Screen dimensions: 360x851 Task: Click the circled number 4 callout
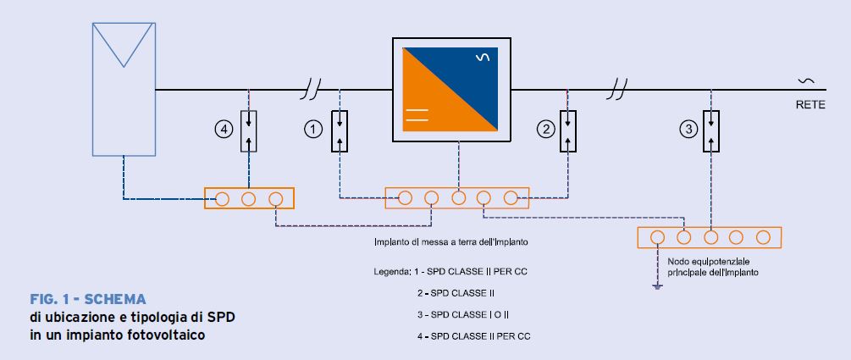point(224,130)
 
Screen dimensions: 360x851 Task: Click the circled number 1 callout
point(313,129)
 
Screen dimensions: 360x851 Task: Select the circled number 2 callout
point(546,129)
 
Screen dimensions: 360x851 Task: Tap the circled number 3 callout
point(688,130)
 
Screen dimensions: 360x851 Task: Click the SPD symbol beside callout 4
point(249,130)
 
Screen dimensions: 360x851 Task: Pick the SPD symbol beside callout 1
point(339,130)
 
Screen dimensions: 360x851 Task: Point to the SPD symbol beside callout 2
point(569,130)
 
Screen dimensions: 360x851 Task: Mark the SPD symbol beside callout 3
point(711,130)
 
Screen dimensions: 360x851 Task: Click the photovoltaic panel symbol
point(123,88)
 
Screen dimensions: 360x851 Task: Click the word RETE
point(809,106)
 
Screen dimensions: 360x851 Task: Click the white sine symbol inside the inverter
point(483,58)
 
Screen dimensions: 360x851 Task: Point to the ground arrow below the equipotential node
point(656,286)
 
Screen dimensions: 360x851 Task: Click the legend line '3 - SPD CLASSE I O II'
point(471,314)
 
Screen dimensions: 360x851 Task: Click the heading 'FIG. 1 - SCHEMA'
point(87,300)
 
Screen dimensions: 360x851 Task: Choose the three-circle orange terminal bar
point(249,198)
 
